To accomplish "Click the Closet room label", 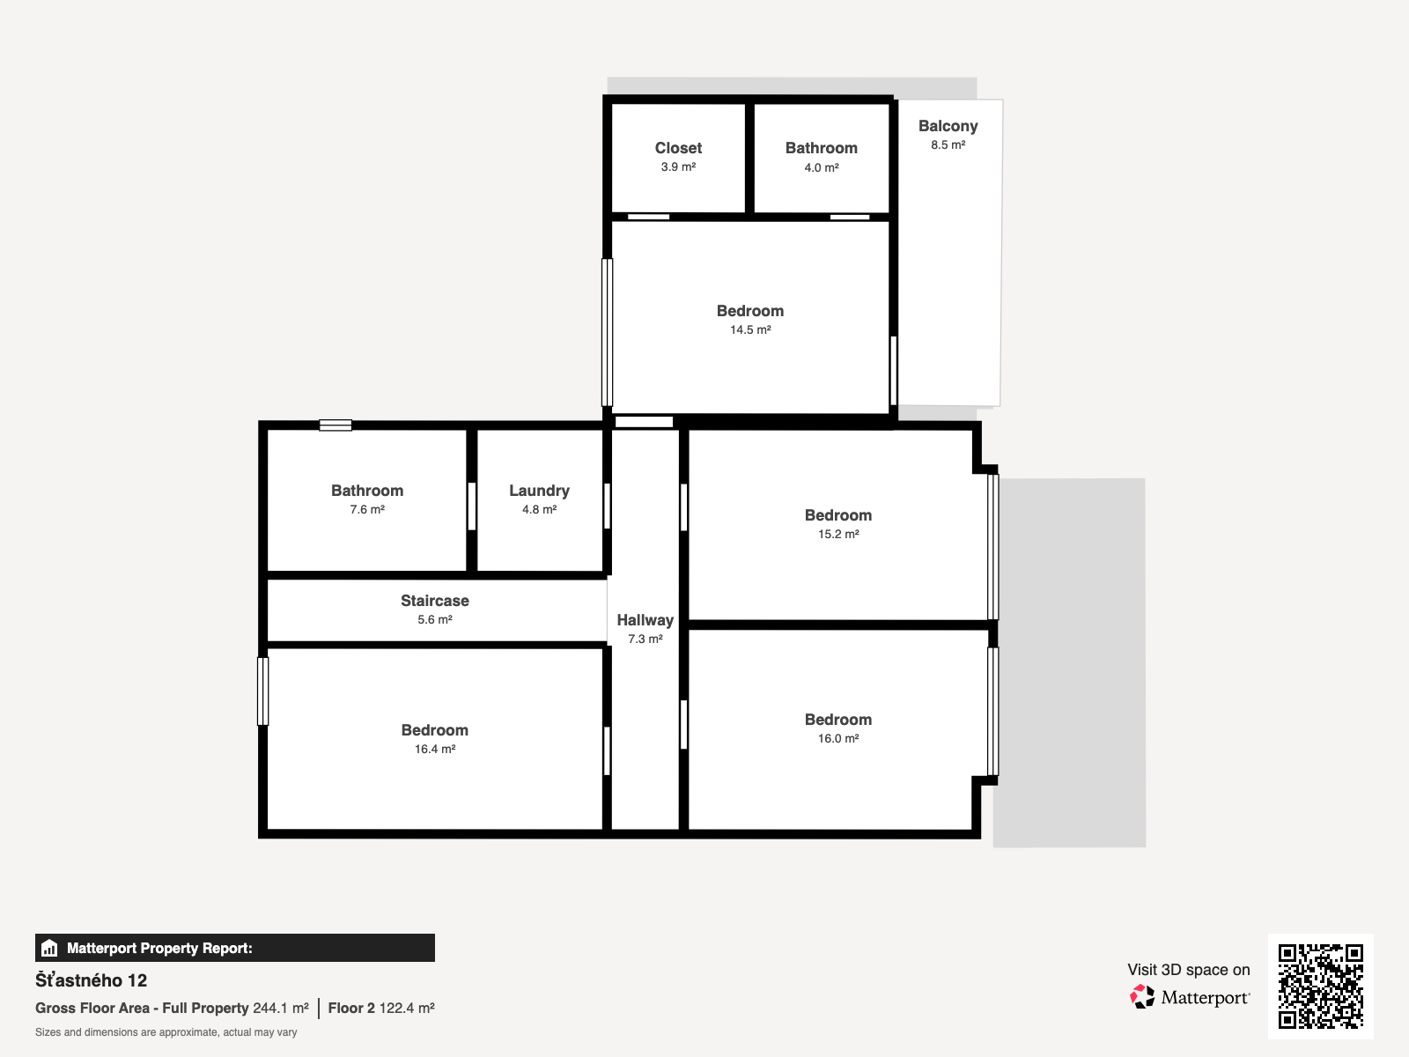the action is [x=678, y=148].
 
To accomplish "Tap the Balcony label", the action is [x=948, y=127].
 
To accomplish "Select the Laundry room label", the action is [x=539, y=491].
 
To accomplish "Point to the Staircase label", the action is [x=434, y=601].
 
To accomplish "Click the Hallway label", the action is [x=645, y=620].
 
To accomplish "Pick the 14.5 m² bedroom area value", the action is [x=750, y=329].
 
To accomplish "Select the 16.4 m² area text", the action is [x=434, y=749].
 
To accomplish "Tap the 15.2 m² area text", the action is [x=838, y=534].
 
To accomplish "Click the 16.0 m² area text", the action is [x=838, y=739].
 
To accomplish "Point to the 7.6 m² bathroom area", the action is [x=367, y=510].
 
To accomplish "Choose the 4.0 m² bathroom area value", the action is [x=822, y=167].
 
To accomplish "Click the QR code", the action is [x=1320, y=986].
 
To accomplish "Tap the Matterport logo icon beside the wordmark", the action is [x=1142, y=997].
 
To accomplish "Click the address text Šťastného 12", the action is [x=92, y=980].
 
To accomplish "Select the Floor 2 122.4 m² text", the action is [x=381, y=1009].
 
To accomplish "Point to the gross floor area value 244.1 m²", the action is [x=281, y=1009].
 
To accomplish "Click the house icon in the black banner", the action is [x=49, y=948].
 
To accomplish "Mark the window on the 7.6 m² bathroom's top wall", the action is [x=336, y=425].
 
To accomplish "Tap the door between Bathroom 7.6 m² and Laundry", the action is [x=472, y=506].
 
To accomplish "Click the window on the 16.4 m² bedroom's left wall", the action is [x=262, y=691].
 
